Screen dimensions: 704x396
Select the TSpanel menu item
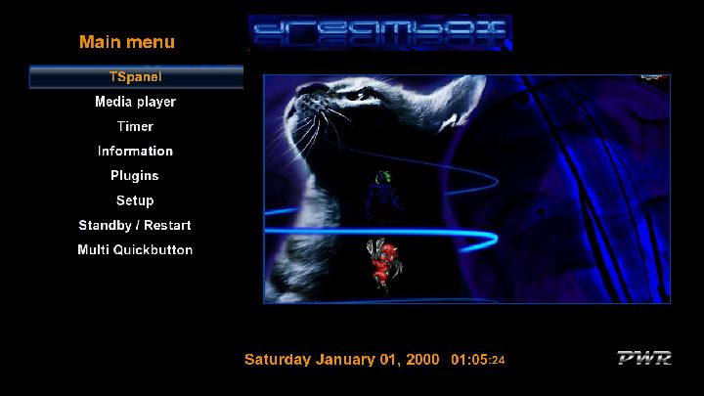pyautogui.click(x=136, y=77)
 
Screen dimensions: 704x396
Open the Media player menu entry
pyautogui.click(x=135, y=102)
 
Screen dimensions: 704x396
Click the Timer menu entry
pyautogui.click(x=135, y=126)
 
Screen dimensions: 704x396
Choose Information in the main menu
pyautogui.click(x=135, y=151)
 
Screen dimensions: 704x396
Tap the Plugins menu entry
pyautogui.click(x=135, y=176)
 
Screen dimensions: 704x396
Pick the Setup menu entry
pyautogui.click(x=135, y=200)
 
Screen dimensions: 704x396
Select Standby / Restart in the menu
pyautogui.click(x=135, y=225)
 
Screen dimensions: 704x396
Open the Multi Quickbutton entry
pyautogui.click(x=135, y=249)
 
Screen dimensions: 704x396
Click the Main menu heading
pyautogui.click(x=127, y=42)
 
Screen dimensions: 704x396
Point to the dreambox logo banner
pyautogui.click(x=380, y=32)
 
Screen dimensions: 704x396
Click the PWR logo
pyautogui.click(x=644, y=358)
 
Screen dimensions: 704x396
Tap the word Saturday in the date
pyautogui.click(x=278, y=360)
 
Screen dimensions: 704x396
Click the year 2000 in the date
pyautogui.click(x=422, y=360)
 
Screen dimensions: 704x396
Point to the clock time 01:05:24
pyautogui.click(x=478, y=360)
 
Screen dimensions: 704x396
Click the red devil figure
pyautogui.click(x=384, y=265)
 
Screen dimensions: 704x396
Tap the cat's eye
pyautogui.click(x=359, y=96)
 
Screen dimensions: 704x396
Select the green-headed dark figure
pyautogui.click(x=383, y=196)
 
